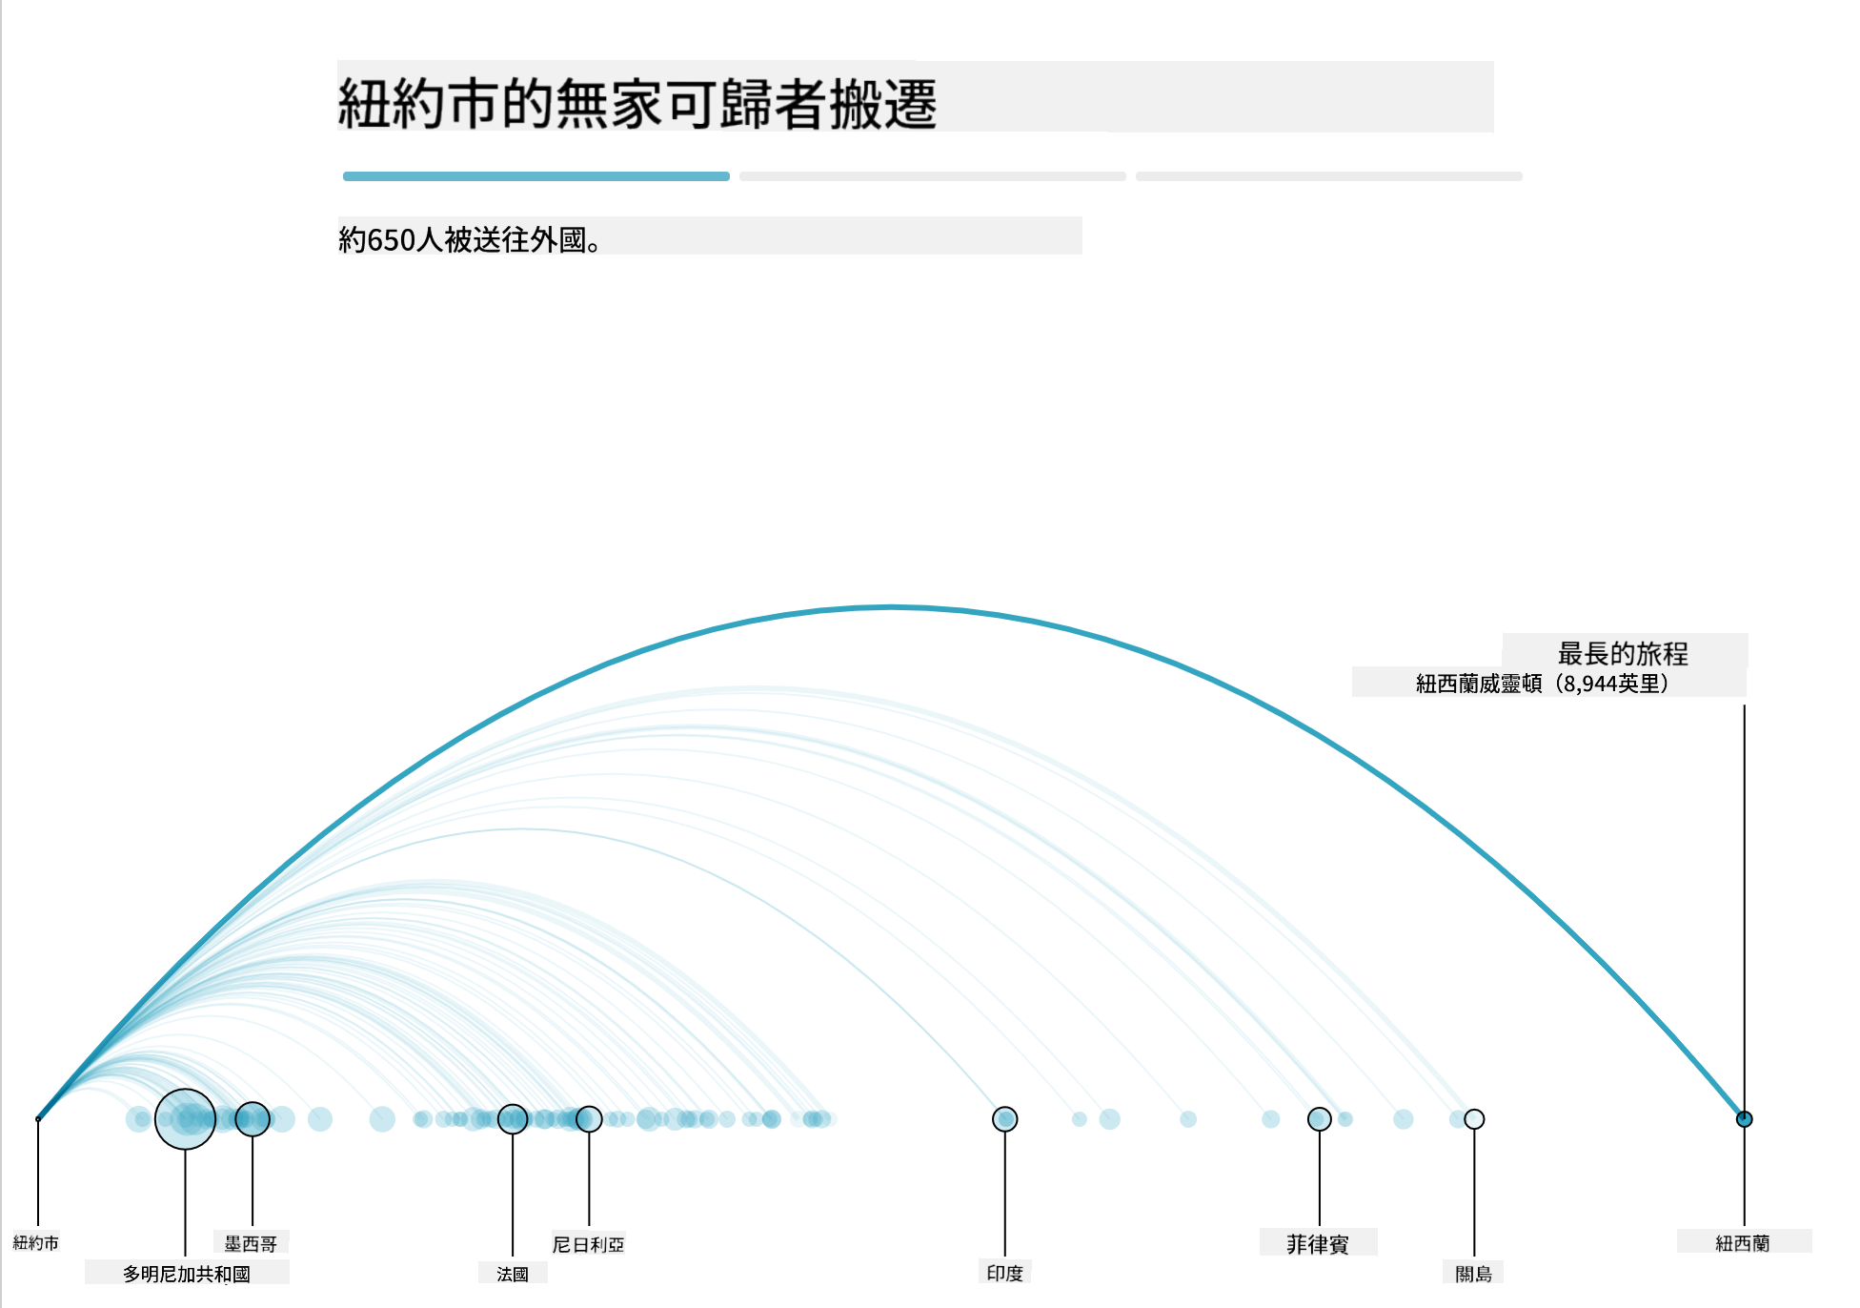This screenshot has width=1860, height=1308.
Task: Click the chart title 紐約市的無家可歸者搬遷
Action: click(x=637, y=103)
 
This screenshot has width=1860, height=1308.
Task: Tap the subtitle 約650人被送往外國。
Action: click(x=471, y=239)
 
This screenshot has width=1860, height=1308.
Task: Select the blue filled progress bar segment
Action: click(x=536, y=176)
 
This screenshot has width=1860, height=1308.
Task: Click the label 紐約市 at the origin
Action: click(x=36, y=1243)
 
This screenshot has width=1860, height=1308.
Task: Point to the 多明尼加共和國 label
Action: click(x=187, y=1274)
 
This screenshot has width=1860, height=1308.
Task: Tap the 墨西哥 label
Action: click(x=251, y=1243)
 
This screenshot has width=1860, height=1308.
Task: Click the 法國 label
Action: click(x=513, y=1274)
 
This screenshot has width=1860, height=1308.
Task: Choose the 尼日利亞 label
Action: click(x=589, y=1244)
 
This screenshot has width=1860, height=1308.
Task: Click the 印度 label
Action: click(x=1005, y=1273)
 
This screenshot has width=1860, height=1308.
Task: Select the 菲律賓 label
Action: click(x=1318, y=1243)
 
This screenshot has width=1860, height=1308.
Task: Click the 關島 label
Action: click(x=1474, y=1274)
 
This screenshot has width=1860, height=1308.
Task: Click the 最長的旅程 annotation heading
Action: click(x=1623, y=653)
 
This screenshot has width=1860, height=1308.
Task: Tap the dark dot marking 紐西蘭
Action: click(x=1745, y=1119)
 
